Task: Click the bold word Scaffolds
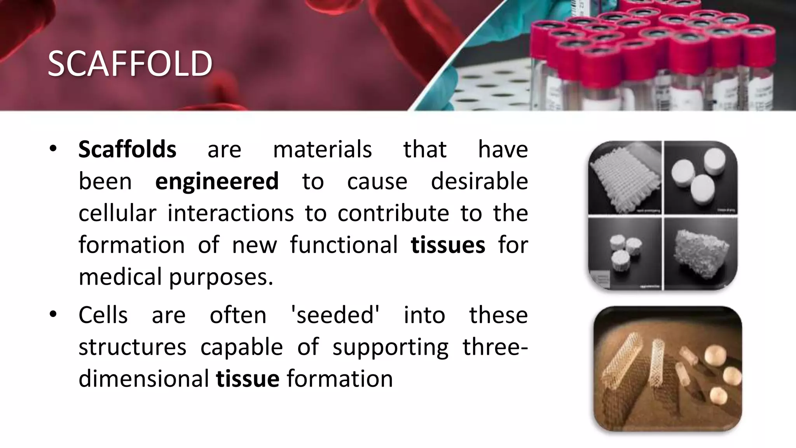click(x=127, y=149)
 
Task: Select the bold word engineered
click(x=217, y=181)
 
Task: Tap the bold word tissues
click(x=448, y=245)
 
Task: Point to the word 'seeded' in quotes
click(x=335, y=315)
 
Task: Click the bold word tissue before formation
click(x=248, y=379)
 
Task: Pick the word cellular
click(x=117, y=213)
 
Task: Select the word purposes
click(x=221, y=278)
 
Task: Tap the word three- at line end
click(x=495, y=347)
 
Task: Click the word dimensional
click(x=144, y=379)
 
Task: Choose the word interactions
click(x=230, y=213)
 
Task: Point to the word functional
click(x=344, y=245)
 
